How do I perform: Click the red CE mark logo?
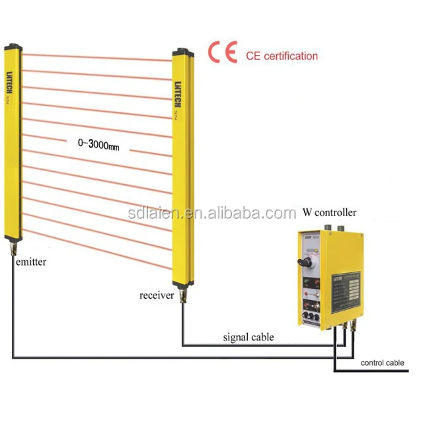pos(222,52)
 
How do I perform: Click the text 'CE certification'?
pos(282,56)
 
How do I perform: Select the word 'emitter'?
pos(28,262)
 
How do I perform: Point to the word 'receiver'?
pos(157,295)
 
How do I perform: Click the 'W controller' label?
pos(329,213)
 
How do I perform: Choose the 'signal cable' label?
pos(248,337)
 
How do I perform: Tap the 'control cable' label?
pos(382,363)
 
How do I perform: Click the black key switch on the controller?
pos(306,264)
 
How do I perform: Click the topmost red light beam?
pos(99,52)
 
